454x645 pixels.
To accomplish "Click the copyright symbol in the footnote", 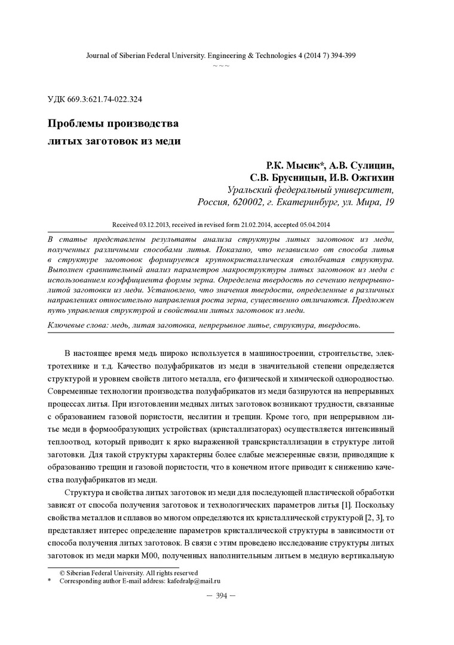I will tap(62, 572).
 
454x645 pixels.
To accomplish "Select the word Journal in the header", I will tap(97, 54).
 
